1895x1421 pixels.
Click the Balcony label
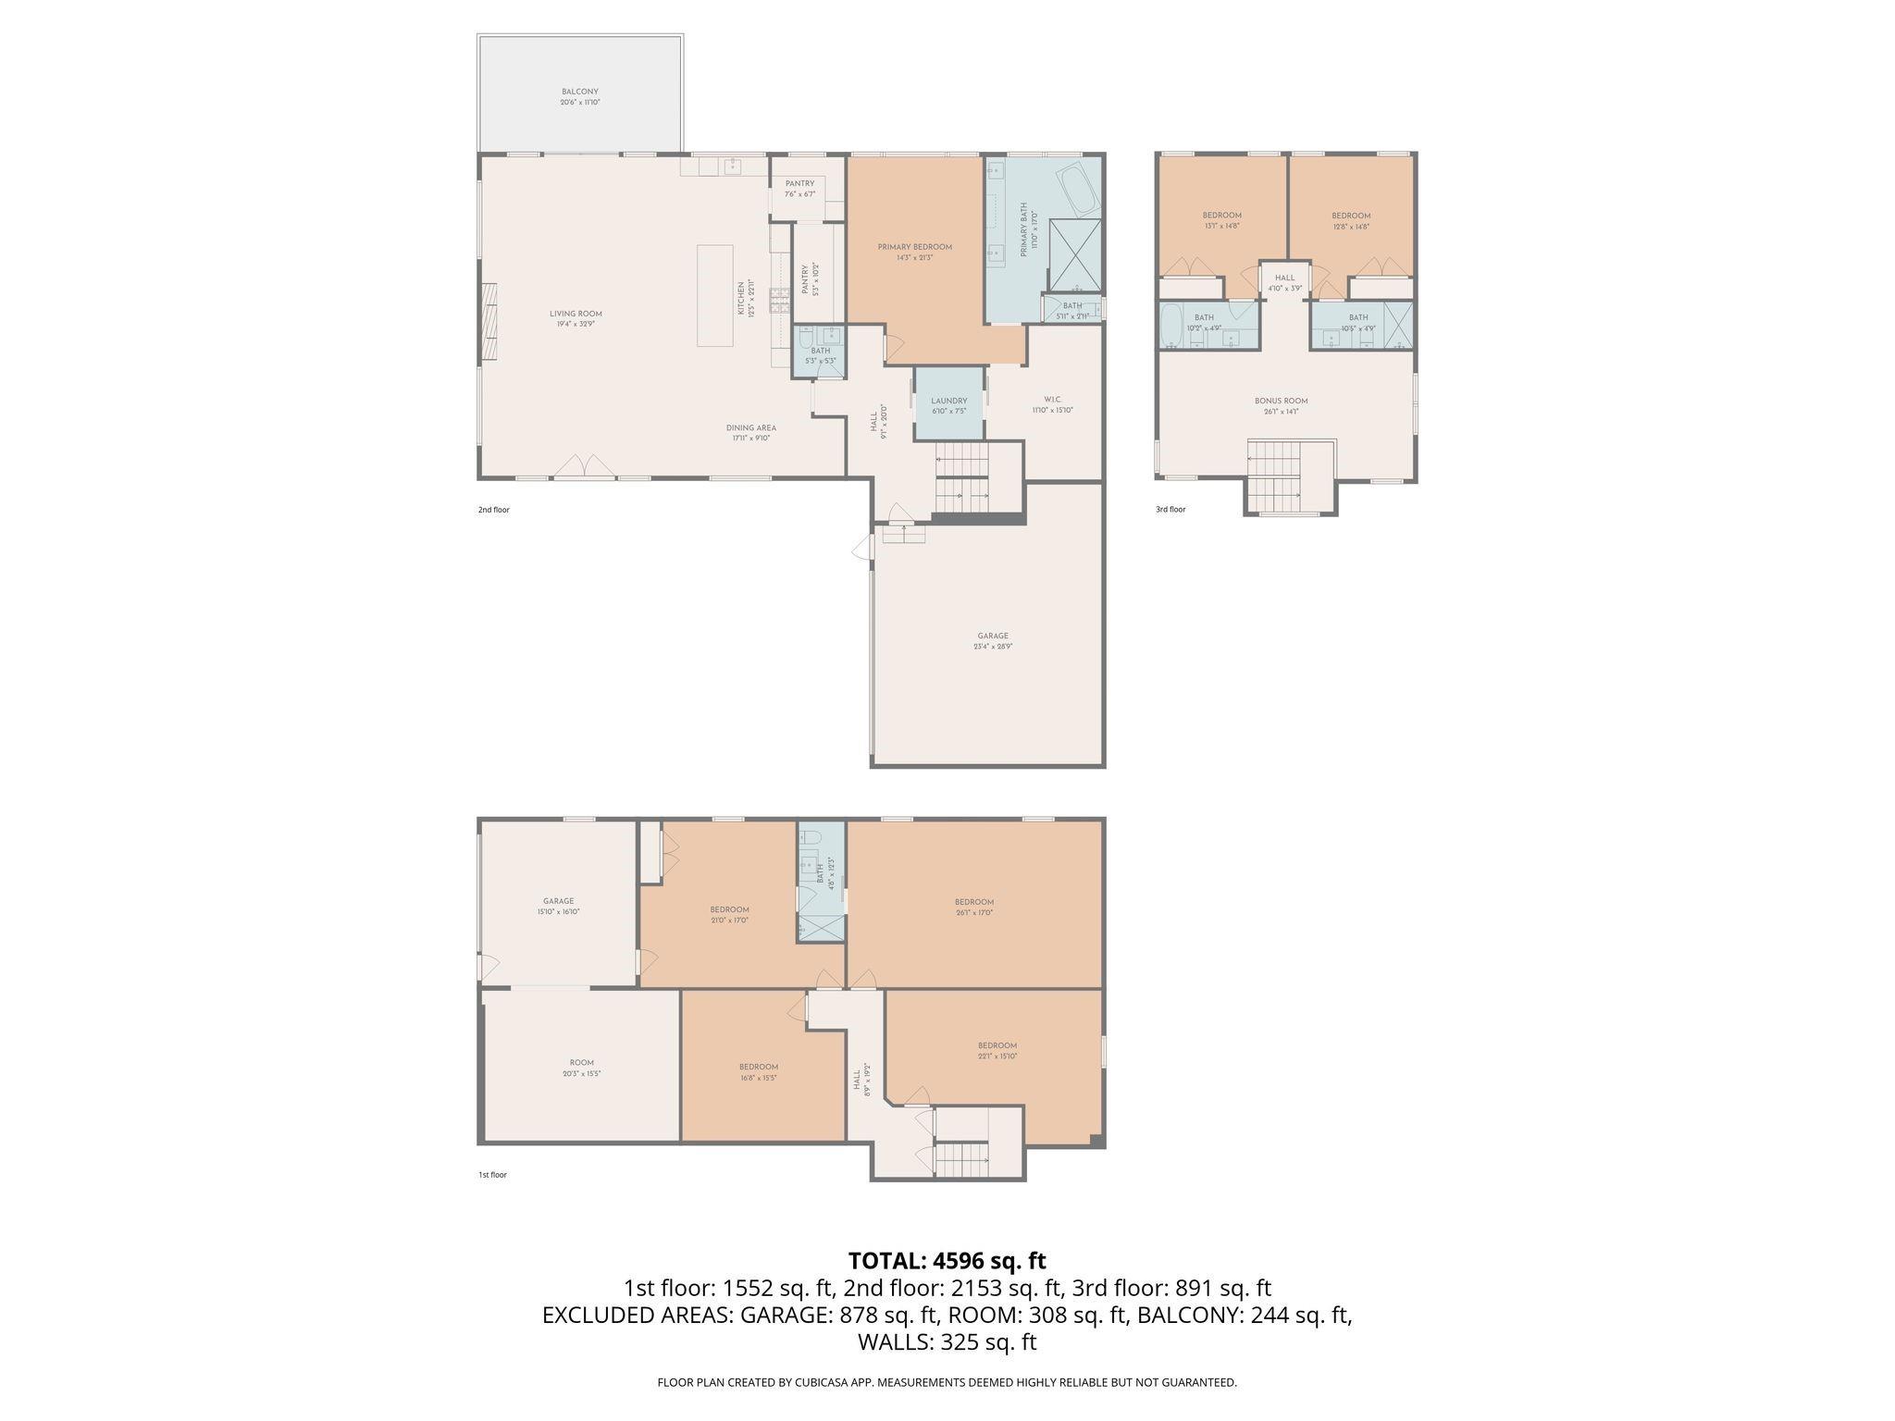pyautogui.click(x=579, y=96)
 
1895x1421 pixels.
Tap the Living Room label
pyautogui.click(x=576, y=318)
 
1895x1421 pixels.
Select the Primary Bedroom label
pyautogui.click(x=914, y=252)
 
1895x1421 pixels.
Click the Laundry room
pyautogui.click(x=948, y=405)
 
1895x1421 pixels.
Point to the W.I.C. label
pyautogui.click(x=1052, y=405)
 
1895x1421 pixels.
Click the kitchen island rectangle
pyautogui.click(x=714, y=295)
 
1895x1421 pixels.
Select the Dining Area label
pyautogui.click(x=750, y=432)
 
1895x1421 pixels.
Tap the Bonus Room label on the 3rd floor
pyautogui.click(x=1281, y=406)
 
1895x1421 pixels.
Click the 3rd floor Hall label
pyautogui.click(x=1284, y=282)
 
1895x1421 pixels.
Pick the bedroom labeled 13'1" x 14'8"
pyautogui.click(x=1221, y=220)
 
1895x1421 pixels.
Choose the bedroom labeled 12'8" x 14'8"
pyautogui.click(x=1350, y=220)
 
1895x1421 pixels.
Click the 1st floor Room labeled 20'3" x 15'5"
pyautogui.click(x=581, y=1068)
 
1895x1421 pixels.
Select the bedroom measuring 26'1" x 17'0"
pyautogui.click(x=973, y=907)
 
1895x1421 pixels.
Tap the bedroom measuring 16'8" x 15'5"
pyautogui.click(x=758, y=1071)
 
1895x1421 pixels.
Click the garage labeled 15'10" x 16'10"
pyautogui.click(x=558, y=906)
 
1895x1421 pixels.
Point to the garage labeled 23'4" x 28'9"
pyautogui.click(x=992, y=640)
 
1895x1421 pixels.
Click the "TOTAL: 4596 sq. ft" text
pyautogui.click(x=947, y=1260)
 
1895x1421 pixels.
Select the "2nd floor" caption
pyautogui.click(x=493, y=510)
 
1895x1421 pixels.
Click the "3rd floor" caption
pyautogui.click(x=1170, y=509)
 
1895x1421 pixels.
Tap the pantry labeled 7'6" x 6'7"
pyautogui.click(x=799, y=189)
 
